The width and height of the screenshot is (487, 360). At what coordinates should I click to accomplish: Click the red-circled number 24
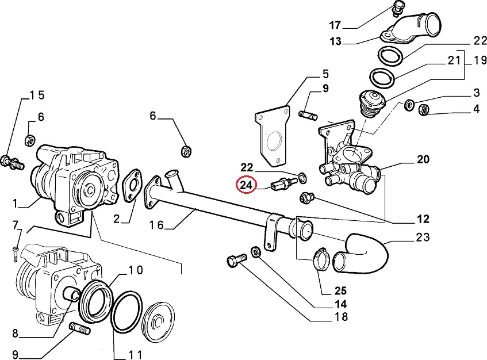246,185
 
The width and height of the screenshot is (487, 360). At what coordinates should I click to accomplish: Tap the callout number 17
335,25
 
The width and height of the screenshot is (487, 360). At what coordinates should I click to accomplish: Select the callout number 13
335,41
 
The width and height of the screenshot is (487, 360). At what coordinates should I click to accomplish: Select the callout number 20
423,159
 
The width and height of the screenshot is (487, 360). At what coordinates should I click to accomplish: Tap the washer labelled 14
255,251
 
